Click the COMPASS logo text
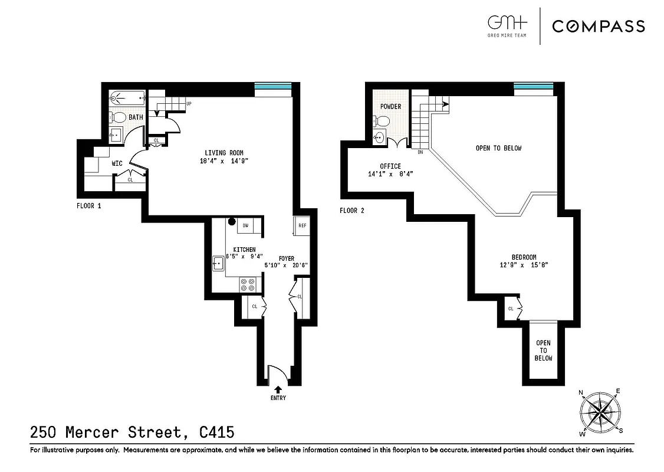(x=598, y=27)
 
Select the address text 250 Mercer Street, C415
(x=132, y=433)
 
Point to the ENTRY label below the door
(x=278, y=398)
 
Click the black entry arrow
(x=278, y=389)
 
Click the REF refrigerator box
(x=302, y=225)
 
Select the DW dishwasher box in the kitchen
(x=245, y=225)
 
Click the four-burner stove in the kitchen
(x=248, y=284)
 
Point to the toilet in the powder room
(x=382, y=122)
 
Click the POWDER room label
(x=390, y=107)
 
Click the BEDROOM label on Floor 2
(x=523, y=257)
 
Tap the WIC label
(x=117, y=163)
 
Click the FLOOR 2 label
(x=352, y=211)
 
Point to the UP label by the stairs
(x=189, y=104)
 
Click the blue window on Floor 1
(x=272, y=88)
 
